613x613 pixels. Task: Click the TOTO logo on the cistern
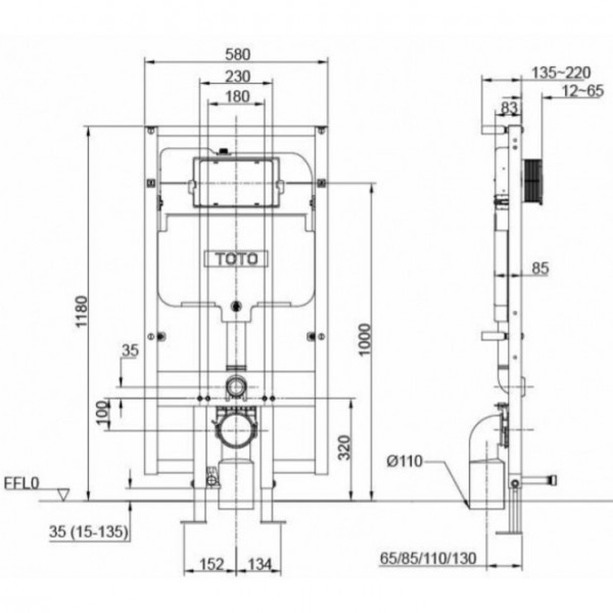pos(236,259)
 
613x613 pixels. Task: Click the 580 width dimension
pos(237,54)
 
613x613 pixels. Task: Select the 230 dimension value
pos(237,76)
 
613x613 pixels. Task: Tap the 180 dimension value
pos(237,96)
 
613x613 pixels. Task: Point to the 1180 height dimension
pos(81,312)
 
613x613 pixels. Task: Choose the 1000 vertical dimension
pos(364,340)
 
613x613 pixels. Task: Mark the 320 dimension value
pos(344,448)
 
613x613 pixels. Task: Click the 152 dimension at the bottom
pos(212,564)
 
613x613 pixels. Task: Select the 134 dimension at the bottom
pos(260,564)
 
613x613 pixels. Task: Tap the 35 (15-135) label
pos(89,532)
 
